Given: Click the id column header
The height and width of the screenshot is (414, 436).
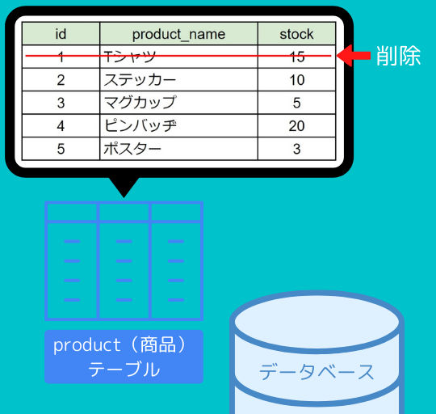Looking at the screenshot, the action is coord(61,34).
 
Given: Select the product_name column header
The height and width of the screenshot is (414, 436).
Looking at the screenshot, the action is coord(178,34).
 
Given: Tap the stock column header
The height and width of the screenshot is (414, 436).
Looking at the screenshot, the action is coord(296,34).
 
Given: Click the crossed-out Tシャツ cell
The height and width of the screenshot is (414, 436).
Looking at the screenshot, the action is coord(178,57).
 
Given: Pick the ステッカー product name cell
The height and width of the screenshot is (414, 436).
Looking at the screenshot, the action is coord(178,79).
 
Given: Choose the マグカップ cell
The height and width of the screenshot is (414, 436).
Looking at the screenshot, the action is coord(178,103).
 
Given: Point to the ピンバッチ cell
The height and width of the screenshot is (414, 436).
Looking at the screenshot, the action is coord(178,125).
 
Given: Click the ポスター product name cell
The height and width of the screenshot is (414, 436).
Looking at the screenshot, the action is coord(178,149).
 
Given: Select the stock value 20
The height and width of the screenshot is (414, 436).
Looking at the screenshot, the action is coord(296,125).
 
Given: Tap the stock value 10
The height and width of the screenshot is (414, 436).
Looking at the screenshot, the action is coord(296,79).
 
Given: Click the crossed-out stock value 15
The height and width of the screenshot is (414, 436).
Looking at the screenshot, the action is coord(296,57).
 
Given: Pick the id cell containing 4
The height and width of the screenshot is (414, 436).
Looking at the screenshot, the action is coord(61,125).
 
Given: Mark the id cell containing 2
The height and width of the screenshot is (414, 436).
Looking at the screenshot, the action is coord(61,79).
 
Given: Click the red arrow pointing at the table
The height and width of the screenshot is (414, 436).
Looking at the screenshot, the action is coord(354,56).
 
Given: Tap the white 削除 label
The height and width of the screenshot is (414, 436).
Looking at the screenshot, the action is coord(398,56).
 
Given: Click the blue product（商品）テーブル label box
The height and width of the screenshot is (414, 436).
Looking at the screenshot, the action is coord(124,357).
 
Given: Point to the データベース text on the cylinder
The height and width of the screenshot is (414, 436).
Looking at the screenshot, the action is coord(317,372).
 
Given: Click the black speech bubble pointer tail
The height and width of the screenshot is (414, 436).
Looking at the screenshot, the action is coord(124,187).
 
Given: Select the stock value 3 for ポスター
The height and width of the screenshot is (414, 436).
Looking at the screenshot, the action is coord(296,149).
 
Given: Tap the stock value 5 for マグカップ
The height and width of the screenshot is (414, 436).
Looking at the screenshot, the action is coord(296,103).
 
